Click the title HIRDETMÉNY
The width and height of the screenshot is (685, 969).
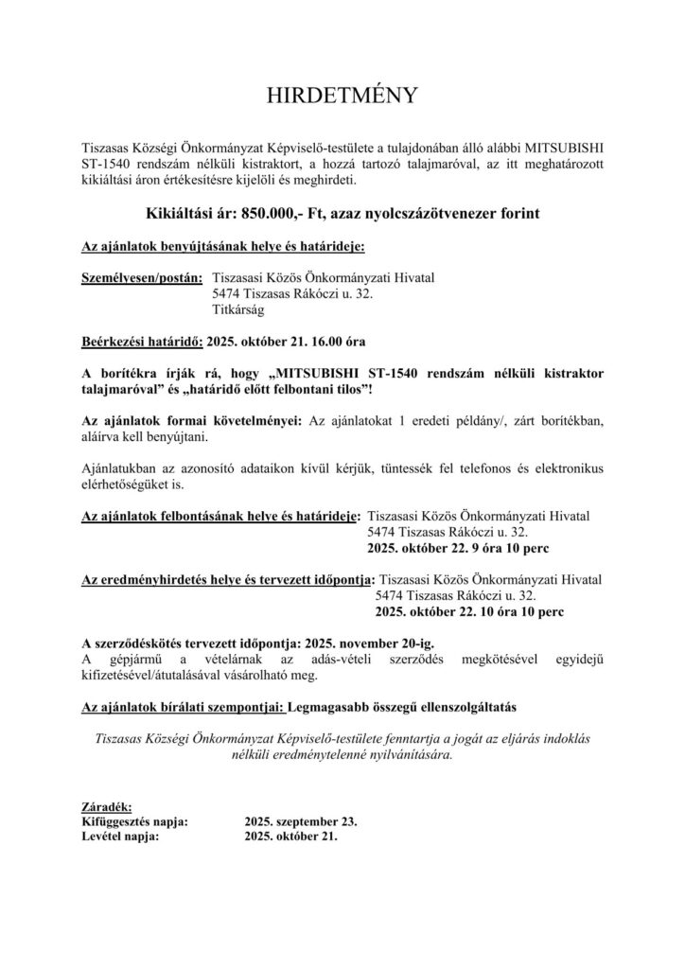342,97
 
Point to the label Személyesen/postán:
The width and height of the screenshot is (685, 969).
142,278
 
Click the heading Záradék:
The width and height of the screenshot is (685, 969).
108,805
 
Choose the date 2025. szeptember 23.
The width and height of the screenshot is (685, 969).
300,821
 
